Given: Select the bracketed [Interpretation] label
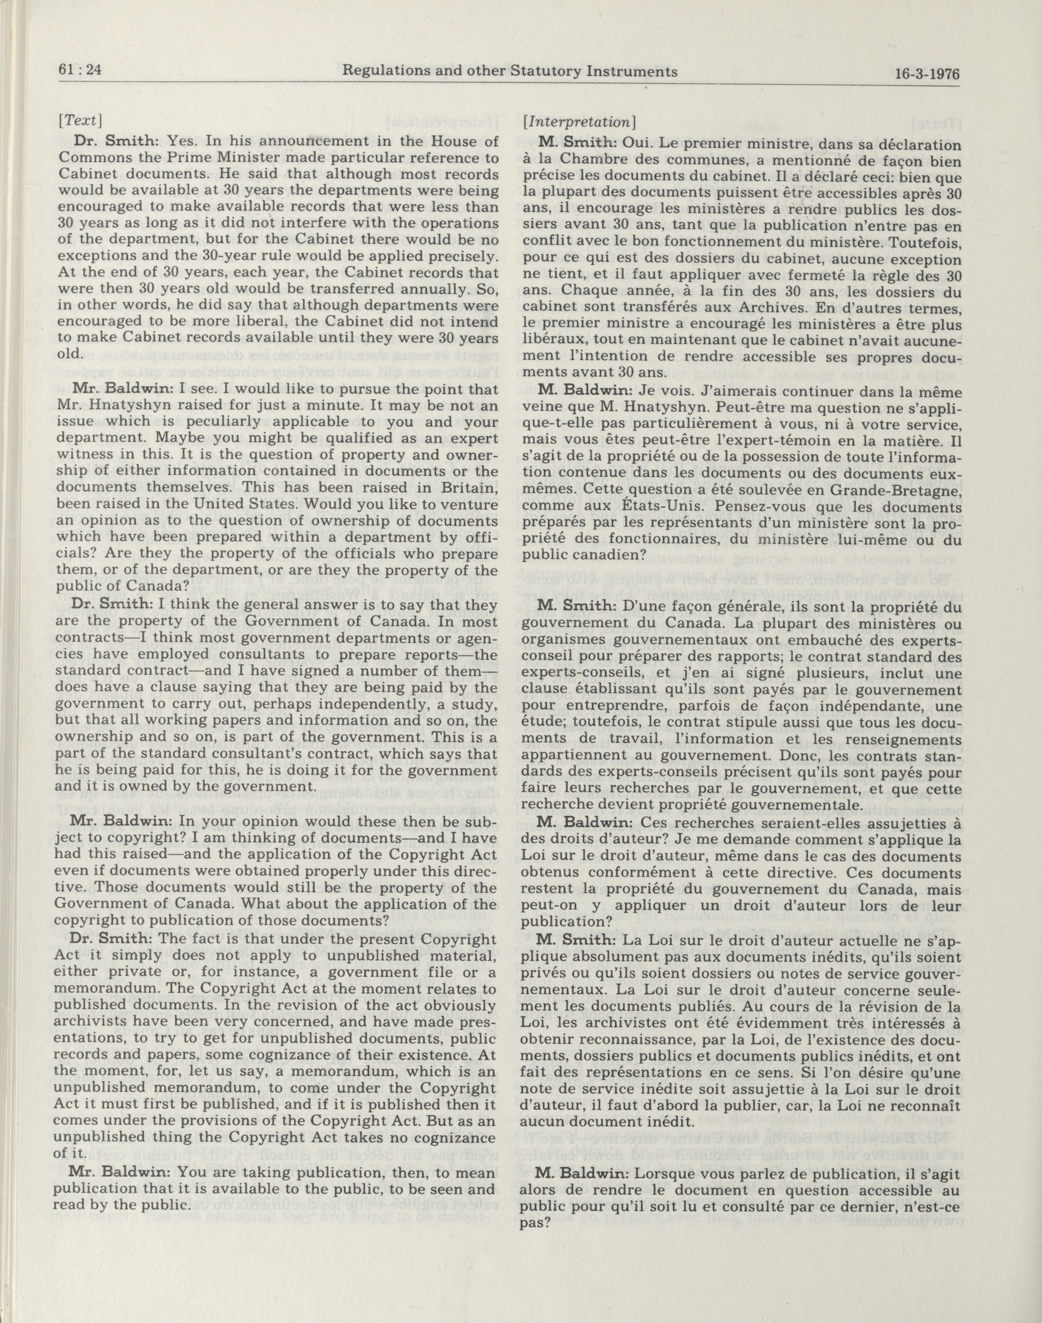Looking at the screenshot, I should coord(580,121).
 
